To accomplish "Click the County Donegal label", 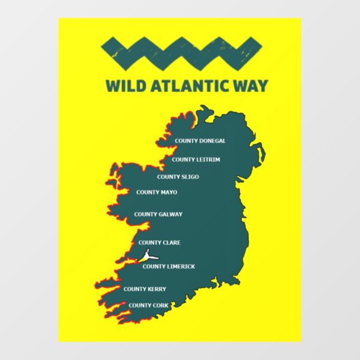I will point(200,141).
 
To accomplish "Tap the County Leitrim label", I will point(196,159).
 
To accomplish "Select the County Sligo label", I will point(178,177).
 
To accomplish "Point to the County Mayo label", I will point(157,192).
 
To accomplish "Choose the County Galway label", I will point(158,214).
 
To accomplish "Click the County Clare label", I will point(159,243).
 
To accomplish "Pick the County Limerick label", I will point(169,267).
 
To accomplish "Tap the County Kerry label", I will point(145,289).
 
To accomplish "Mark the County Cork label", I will point(148,305).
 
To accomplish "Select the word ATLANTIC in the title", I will point(187,86).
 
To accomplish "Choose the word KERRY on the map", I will point(155,289).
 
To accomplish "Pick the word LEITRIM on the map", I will point(207,159).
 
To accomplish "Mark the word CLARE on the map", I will point(170,243).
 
